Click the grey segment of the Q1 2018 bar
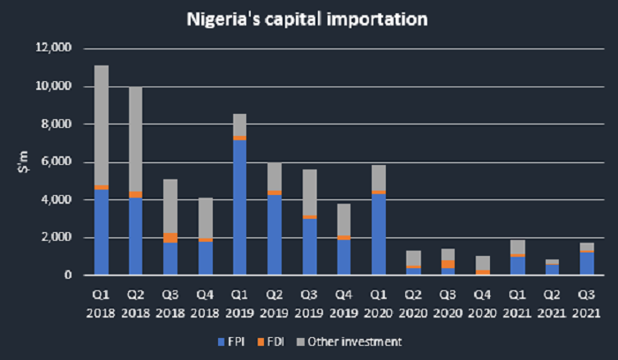102,124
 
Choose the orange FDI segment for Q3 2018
170,237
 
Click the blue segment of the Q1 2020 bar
378,234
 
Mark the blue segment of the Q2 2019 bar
274,235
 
